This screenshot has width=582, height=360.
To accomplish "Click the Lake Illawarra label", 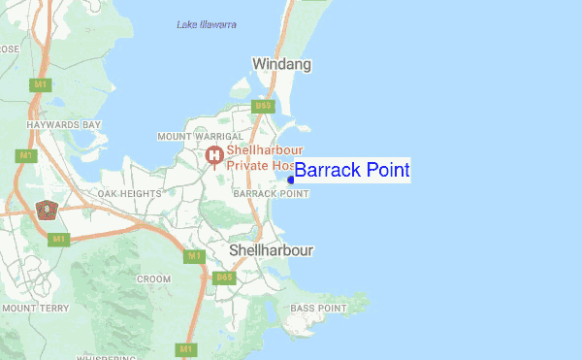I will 207,24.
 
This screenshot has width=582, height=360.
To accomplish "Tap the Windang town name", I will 281,65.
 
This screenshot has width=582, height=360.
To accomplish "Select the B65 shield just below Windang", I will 262,105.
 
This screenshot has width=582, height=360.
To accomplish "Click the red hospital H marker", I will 214,155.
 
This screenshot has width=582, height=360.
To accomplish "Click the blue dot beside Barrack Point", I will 291,179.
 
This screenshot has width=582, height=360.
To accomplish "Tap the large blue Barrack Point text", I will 352,171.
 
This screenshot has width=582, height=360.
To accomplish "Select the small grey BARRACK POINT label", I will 272,194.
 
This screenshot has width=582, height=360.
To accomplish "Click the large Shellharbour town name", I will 272,250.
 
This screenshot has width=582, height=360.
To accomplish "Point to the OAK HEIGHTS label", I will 129,194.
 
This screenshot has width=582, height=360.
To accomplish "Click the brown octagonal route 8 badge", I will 46,209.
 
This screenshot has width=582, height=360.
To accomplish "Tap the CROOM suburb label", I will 153,278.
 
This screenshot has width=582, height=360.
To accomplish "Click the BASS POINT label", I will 319,309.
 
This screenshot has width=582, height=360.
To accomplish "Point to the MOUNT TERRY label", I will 35,308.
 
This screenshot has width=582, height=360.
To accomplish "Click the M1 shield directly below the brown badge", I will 58,239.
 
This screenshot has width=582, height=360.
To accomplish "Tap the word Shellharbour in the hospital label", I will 266,150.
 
